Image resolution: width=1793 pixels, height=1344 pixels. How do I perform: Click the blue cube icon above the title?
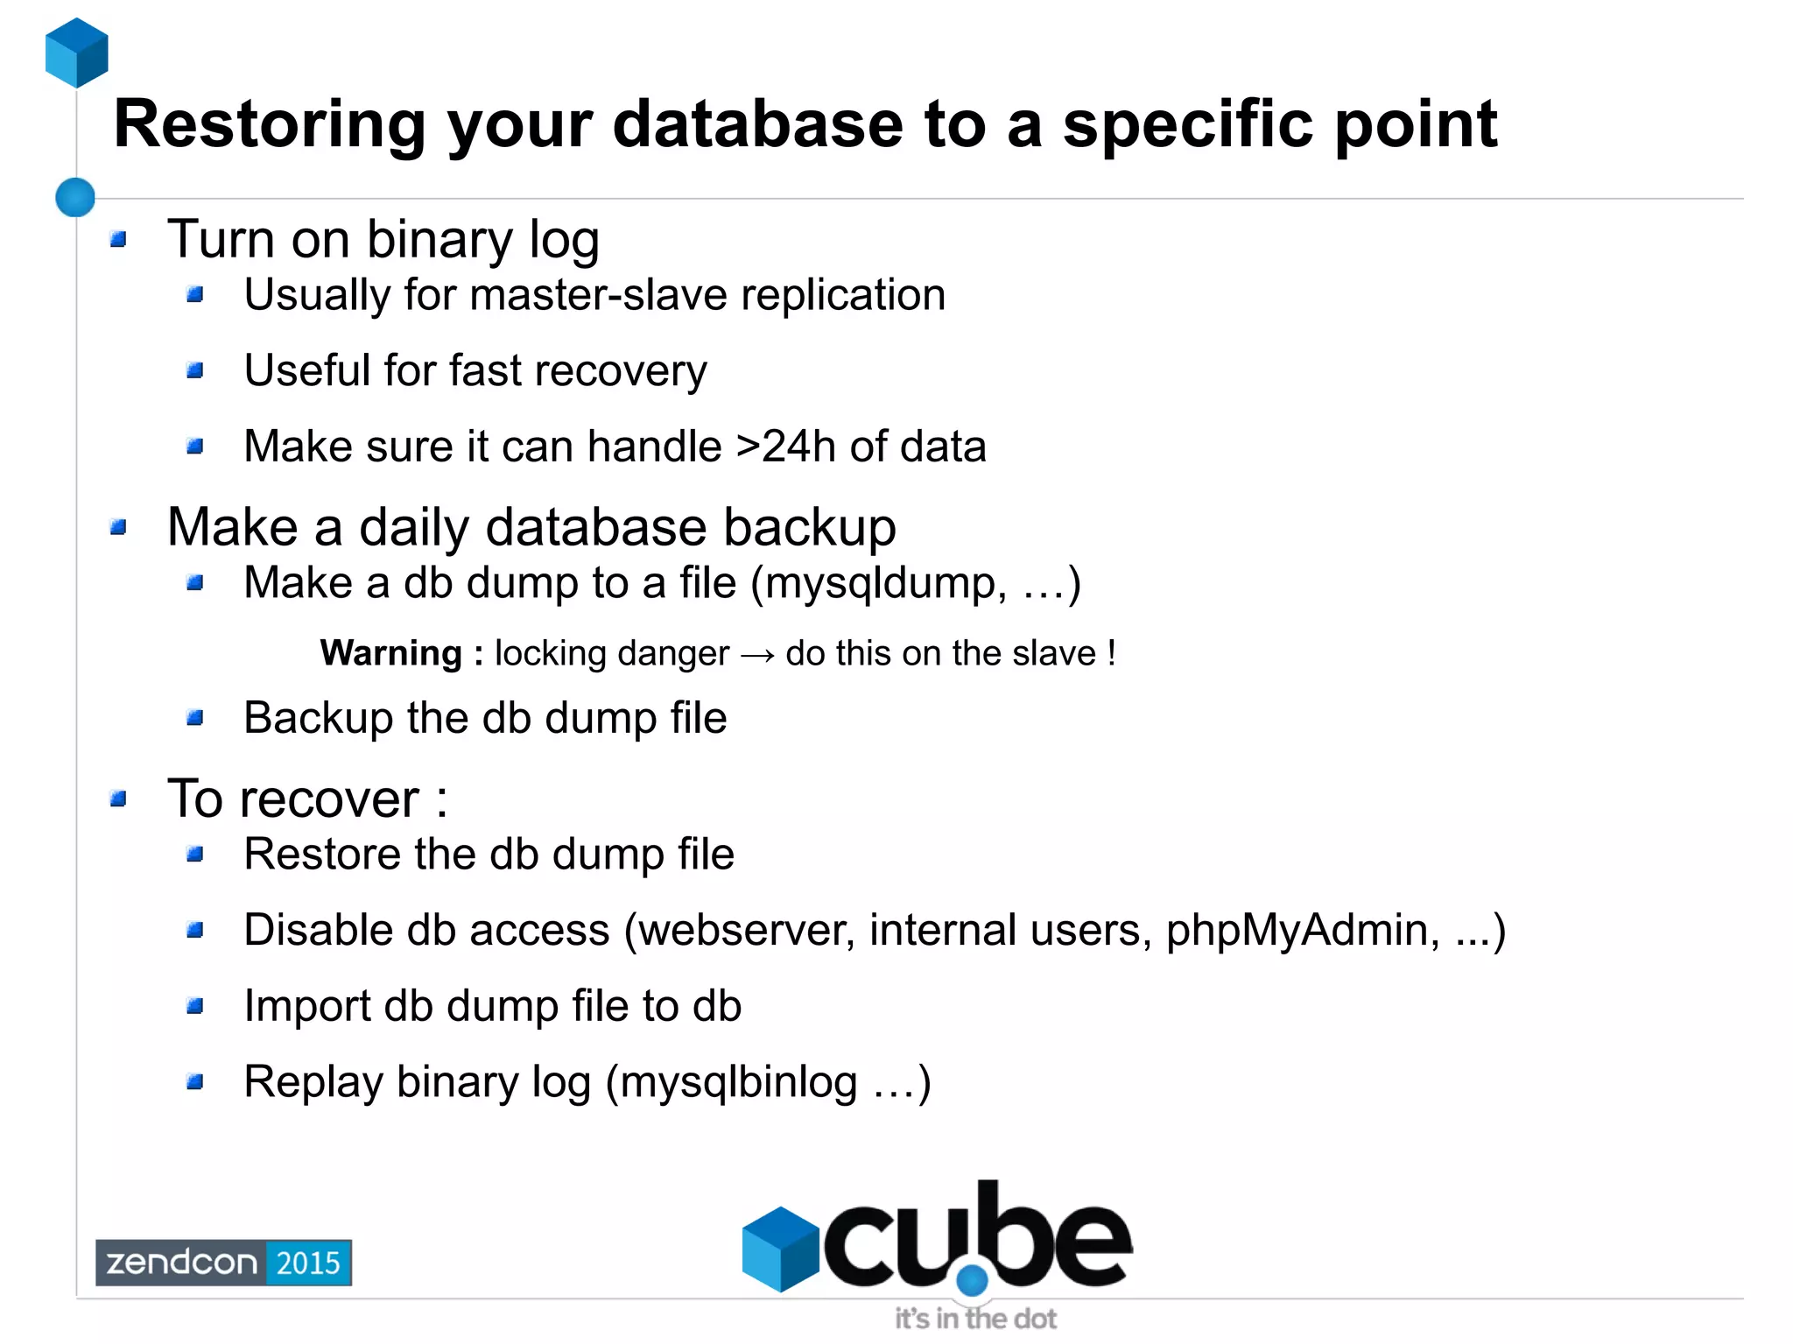(x=77, y=53)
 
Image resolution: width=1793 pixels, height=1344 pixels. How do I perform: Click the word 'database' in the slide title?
(x=757, y=124)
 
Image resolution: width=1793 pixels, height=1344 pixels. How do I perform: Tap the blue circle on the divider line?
(x=75, y=197)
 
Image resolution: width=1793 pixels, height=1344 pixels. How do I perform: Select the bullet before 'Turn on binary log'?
(x=119, y=239)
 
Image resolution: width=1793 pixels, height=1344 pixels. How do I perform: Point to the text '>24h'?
(x=785, y=447)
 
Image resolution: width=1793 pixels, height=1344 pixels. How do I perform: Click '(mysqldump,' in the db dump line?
(x=879, y=584)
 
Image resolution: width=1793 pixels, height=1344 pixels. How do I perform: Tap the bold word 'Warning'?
(x=391, y=653)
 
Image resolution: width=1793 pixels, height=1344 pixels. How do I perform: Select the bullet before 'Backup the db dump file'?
(x=195, y=719)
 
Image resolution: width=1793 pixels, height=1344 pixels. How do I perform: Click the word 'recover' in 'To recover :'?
(x=329, y=799)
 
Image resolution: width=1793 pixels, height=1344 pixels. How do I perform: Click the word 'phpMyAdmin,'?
(x=1303, y=931)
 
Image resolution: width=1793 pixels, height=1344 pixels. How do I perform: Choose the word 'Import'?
(x=306, y=1006)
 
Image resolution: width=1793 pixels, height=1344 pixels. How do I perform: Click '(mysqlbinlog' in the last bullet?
(x=731, y=1082)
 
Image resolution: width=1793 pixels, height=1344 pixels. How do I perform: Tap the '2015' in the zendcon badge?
(x=308, y=1263)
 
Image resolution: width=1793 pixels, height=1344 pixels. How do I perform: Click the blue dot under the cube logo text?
(x=972, y=1281)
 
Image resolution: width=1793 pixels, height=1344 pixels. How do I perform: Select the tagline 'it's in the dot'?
(x=975, y=1319)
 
